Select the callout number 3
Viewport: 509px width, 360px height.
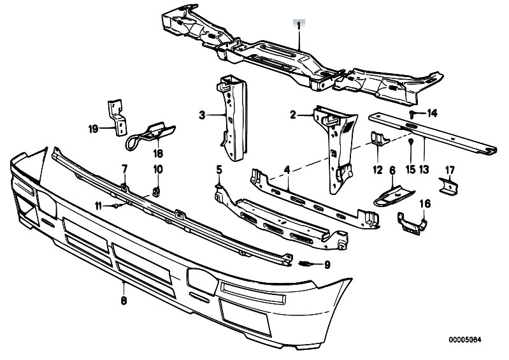point(202,115)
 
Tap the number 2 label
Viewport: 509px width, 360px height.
point(294,115)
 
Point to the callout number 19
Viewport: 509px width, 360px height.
point(93,129)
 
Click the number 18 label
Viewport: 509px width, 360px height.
point(157,154)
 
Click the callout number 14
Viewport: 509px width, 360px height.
point(433,113)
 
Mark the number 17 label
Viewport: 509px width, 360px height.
point(450,169)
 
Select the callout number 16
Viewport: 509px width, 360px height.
point(424,203)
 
